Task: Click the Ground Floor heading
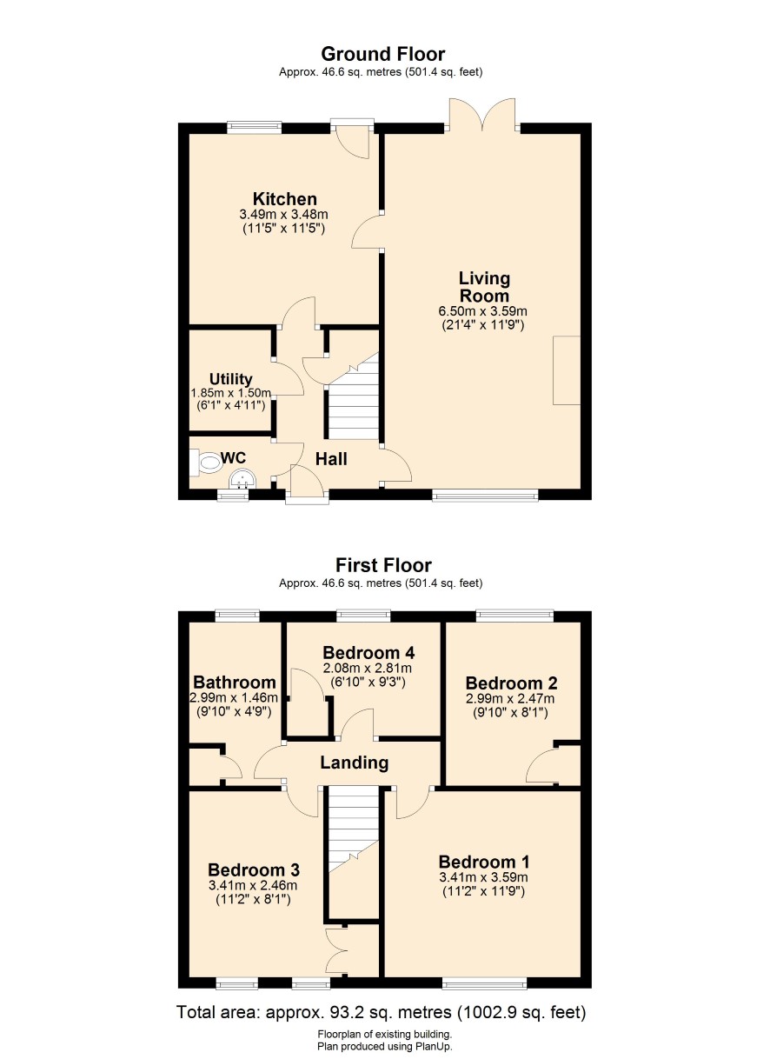[383, 55]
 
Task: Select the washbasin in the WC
[242, 479]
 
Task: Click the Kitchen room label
[284, 198]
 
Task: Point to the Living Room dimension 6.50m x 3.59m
[482, 311]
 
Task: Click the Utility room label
[230, 379]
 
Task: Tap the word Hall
[331, 458]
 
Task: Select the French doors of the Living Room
[482, 115]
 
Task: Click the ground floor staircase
[352, 396]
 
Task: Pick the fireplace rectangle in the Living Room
[567, 370]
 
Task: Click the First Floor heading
[383, 565]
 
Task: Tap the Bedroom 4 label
[368, 653]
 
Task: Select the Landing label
[354, 763]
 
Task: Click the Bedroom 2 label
[511, 683]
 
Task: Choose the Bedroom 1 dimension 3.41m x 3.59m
[483, 877]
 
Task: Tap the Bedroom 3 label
[254, 869]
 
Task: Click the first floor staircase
[354, 854]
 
